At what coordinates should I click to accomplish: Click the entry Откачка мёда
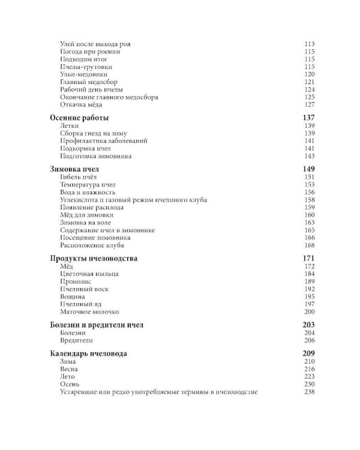pos(82,104)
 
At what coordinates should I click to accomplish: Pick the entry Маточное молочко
pos(90,312)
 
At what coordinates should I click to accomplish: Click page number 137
pos(309,117)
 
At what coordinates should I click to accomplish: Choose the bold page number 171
pos(309,258)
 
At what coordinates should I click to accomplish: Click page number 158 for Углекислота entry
pos(310,200)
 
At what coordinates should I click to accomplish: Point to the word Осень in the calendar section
pos(71,384)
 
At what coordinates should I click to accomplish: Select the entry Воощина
pos(73,296)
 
